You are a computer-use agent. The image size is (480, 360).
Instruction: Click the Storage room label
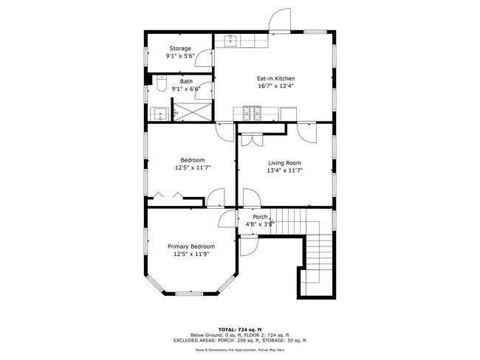pyautogui.click(x=180, y=49)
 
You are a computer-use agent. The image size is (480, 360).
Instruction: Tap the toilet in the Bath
pyautogui.click(x=162, y=84)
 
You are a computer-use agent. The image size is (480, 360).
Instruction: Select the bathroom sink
pyautogui.click(x=159, y=114)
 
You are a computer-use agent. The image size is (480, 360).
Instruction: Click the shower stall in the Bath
pyautogui.click(x=192, y=114)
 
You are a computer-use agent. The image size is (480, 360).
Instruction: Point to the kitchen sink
pyautogui.click(x=230, y=41)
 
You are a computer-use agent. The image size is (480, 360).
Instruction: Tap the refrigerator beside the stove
pyautogui.click(x=288, y=113)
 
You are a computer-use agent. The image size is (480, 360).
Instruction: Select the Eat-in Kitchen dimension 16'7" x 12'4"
pyautogui.click(x=275, y=86)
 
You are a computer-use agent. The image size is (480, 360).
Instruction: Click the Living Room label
pyautogui.click(x=284, y=163)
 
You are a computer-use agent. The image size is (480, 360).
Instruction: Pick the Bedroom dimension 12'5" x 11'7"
pyautogui.click(x=193, y=167)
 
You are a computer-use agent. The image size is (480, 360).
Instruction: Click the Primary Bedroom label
pyautogui.click(x=191, y=246)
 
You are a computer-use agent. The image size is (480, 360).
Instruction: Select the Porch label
pyautogui.click(x=260, y=216)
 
